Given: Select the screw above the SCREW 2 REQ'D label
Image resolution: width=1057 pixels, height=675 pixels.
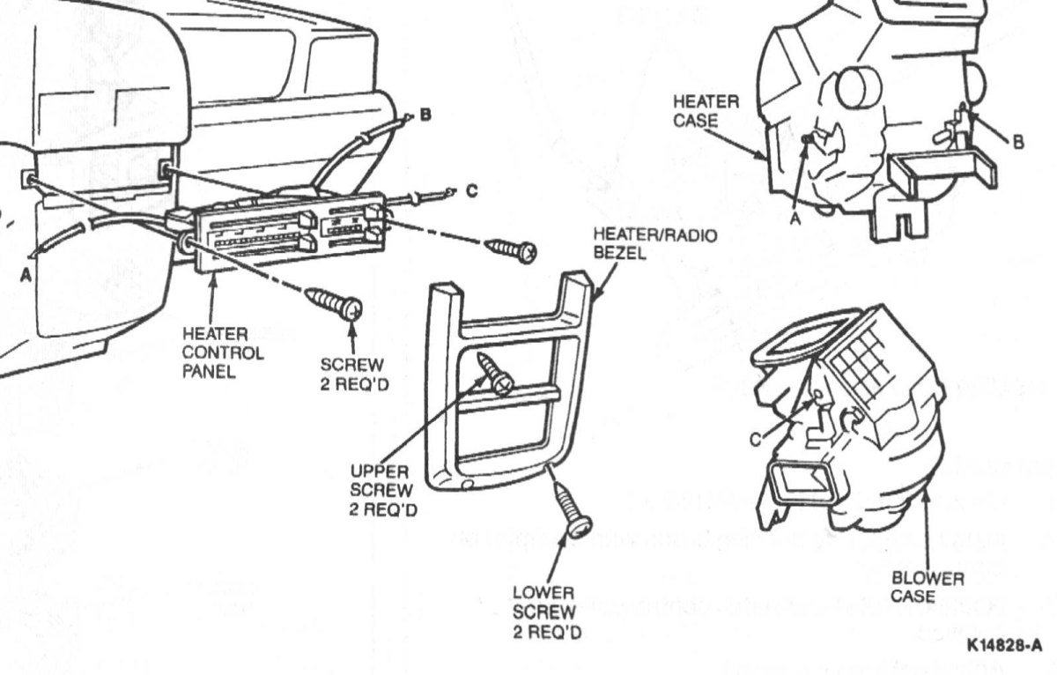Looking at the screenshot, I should (333, 304).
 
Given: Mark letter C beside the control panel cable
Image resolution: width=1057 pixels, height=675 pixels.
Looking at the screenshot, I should (473, 190).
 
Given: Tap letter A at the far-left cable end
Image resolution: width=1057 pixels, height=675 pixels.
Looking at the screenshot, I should (26, 274).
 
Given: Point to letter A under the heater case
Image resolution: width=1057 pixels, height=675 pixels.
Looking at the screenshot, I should (795, 220).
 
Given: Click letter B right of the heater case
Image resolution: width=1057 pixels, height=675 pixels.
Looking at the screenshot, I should (1018, 144).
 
